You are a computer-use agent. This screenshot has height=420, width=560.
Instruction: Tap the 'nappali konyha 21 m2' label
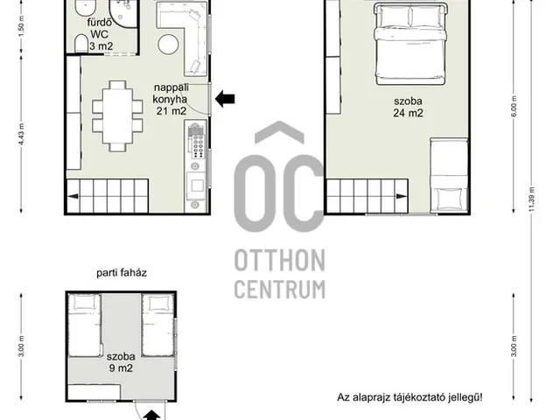click(x=171, y=99)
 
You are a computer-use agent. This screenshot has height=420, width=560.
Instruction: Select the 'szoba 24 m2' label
click(x=408, y=107)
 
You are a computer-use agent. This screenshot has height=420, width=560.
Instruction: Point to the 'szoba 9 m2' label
click(x=121, y=362)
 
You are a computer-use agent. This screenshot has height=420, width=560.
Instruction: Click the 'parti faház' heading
click(x=122, y=273)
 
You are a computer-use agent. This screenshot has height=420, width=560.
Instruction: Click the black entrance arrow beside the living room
click(x=225, y=99)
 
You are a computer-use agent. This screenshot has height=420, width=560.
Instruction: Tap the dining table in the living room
click(x=117, y=116)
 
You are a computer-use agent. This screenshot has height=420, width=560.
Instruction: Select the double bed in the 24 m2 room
click(x=410, y=44)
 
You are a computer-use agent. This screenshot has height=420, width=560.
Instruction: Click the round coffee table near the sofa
click(x=168, y=45)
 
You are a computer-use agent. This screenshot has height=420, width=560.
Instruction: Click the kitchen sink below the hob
click(x=197, y=185)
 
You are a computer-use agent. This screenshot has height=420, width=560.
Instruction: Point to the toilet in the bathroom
click(x=81, y=44)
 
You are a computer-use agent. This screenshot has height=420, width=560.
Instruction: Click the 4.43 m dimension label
click(x=21, y=134)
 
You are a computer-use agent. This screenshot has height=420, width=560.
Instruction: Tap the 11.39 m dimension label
click(x=531, y=199)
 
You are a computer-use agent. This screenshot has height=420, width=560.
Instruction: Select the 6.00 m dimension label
click(x=514, y=106)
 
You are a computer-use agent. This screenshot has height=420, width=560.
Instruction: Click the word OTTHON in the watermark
click(x=280, y=261)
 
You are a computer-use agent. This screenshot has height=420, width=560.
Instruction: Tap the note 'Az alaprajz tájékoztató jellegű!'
click(x=409, y=397)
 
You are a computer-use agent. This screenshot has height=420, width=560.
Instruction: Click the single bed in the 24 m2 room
click(x=449, y=175)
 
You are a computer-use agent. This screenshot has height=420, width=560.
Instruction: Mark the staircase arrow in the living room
click(x=73, y=196)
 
